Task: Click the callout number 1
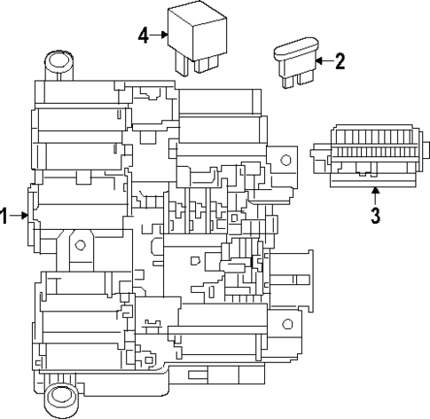tap(5, 216)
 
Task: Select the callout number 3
tap(375, 216)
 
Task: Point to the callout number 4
tap(143, 36)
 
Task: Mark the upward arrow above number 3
tap(375, 193)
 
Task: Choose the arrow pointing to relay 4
tap(160, 36)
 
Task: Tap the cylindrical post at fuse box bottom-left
tap(60, 397)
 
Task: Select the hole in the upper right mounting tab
tap(285, 161)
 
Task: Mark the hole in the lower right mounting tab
tap(285, 323)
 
